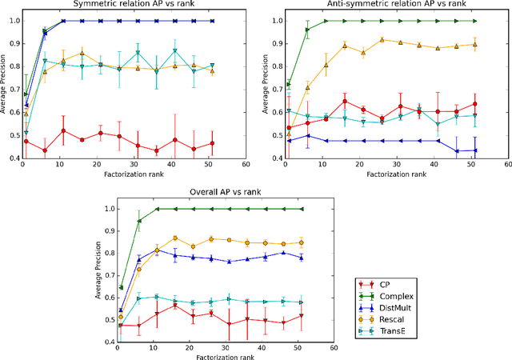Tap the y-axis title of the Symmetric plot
tap(4, 85)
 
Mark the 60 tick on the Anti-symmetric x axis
tap(506, 165)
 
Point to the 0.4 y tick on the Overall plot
tap(108, 342)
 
